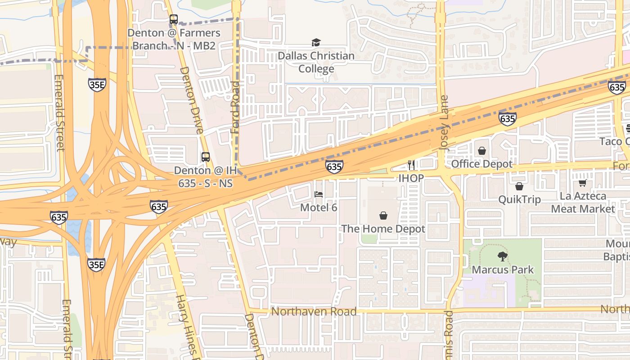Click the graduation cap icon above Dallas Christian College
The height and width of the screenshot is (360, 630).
pos(316,43)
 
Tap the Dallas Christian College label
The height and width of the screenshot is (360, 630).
pos(316,62)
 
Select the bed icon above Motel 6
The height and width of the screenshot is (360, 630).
pos(319,194)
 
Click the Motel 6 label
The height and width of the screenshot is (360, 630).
pos(319,208)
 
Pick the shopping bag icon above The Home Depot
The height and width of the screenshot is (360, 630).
pos(383,216)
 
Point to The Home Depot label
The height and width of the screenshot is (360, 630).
pos(383,229)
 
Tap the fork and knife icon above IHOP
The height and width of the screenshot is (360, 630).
pos(411,165)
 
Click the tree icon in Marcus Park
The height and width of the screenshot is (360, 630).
pos(503,256)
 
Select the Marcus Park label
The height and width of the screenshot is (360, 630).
pos(503,270)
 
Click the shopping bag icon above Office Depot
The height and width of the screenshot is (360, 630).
pos(482,151)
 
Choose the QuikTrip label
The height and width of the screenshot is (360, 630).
pos(519,199)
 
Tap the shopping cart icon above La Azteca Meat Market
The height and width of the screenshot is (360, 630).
pos(583,183)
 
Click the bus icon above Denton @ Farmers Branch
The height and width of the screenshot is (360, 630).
pos(174,19)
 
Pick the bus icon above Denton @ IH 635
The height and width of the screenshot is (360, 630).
pos(205,157)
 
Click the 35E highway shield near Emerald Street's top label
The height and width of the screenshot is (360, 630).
pos(97,84)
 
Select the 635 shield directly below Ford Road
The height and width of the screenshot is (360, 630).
pos(334,167)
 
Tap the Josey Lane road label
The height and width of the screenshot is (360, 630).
pos(445,122)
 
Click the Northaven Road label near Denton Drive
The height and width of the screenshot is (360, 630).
pos(314,311)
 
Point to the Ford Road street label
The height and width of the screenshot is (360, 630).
pos(235,107)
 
